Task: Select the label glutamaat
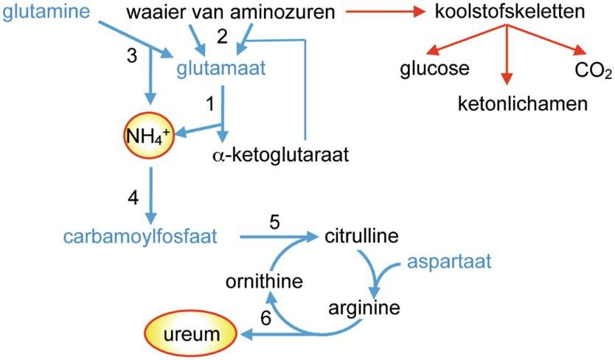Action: [x=220, y=69]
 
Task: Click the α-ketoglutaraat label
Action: [x=279, y=155]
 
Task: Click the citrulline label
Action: [x=361, y=237]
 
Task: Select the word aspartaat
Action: [x=450, y=262]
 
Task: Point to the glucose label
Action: [x=435, y=69]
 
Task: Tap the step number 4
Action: [x=133, y=198]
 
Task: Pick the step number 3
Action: [x=132, y=56]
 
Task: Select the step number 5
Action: [x=274, y=221]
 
